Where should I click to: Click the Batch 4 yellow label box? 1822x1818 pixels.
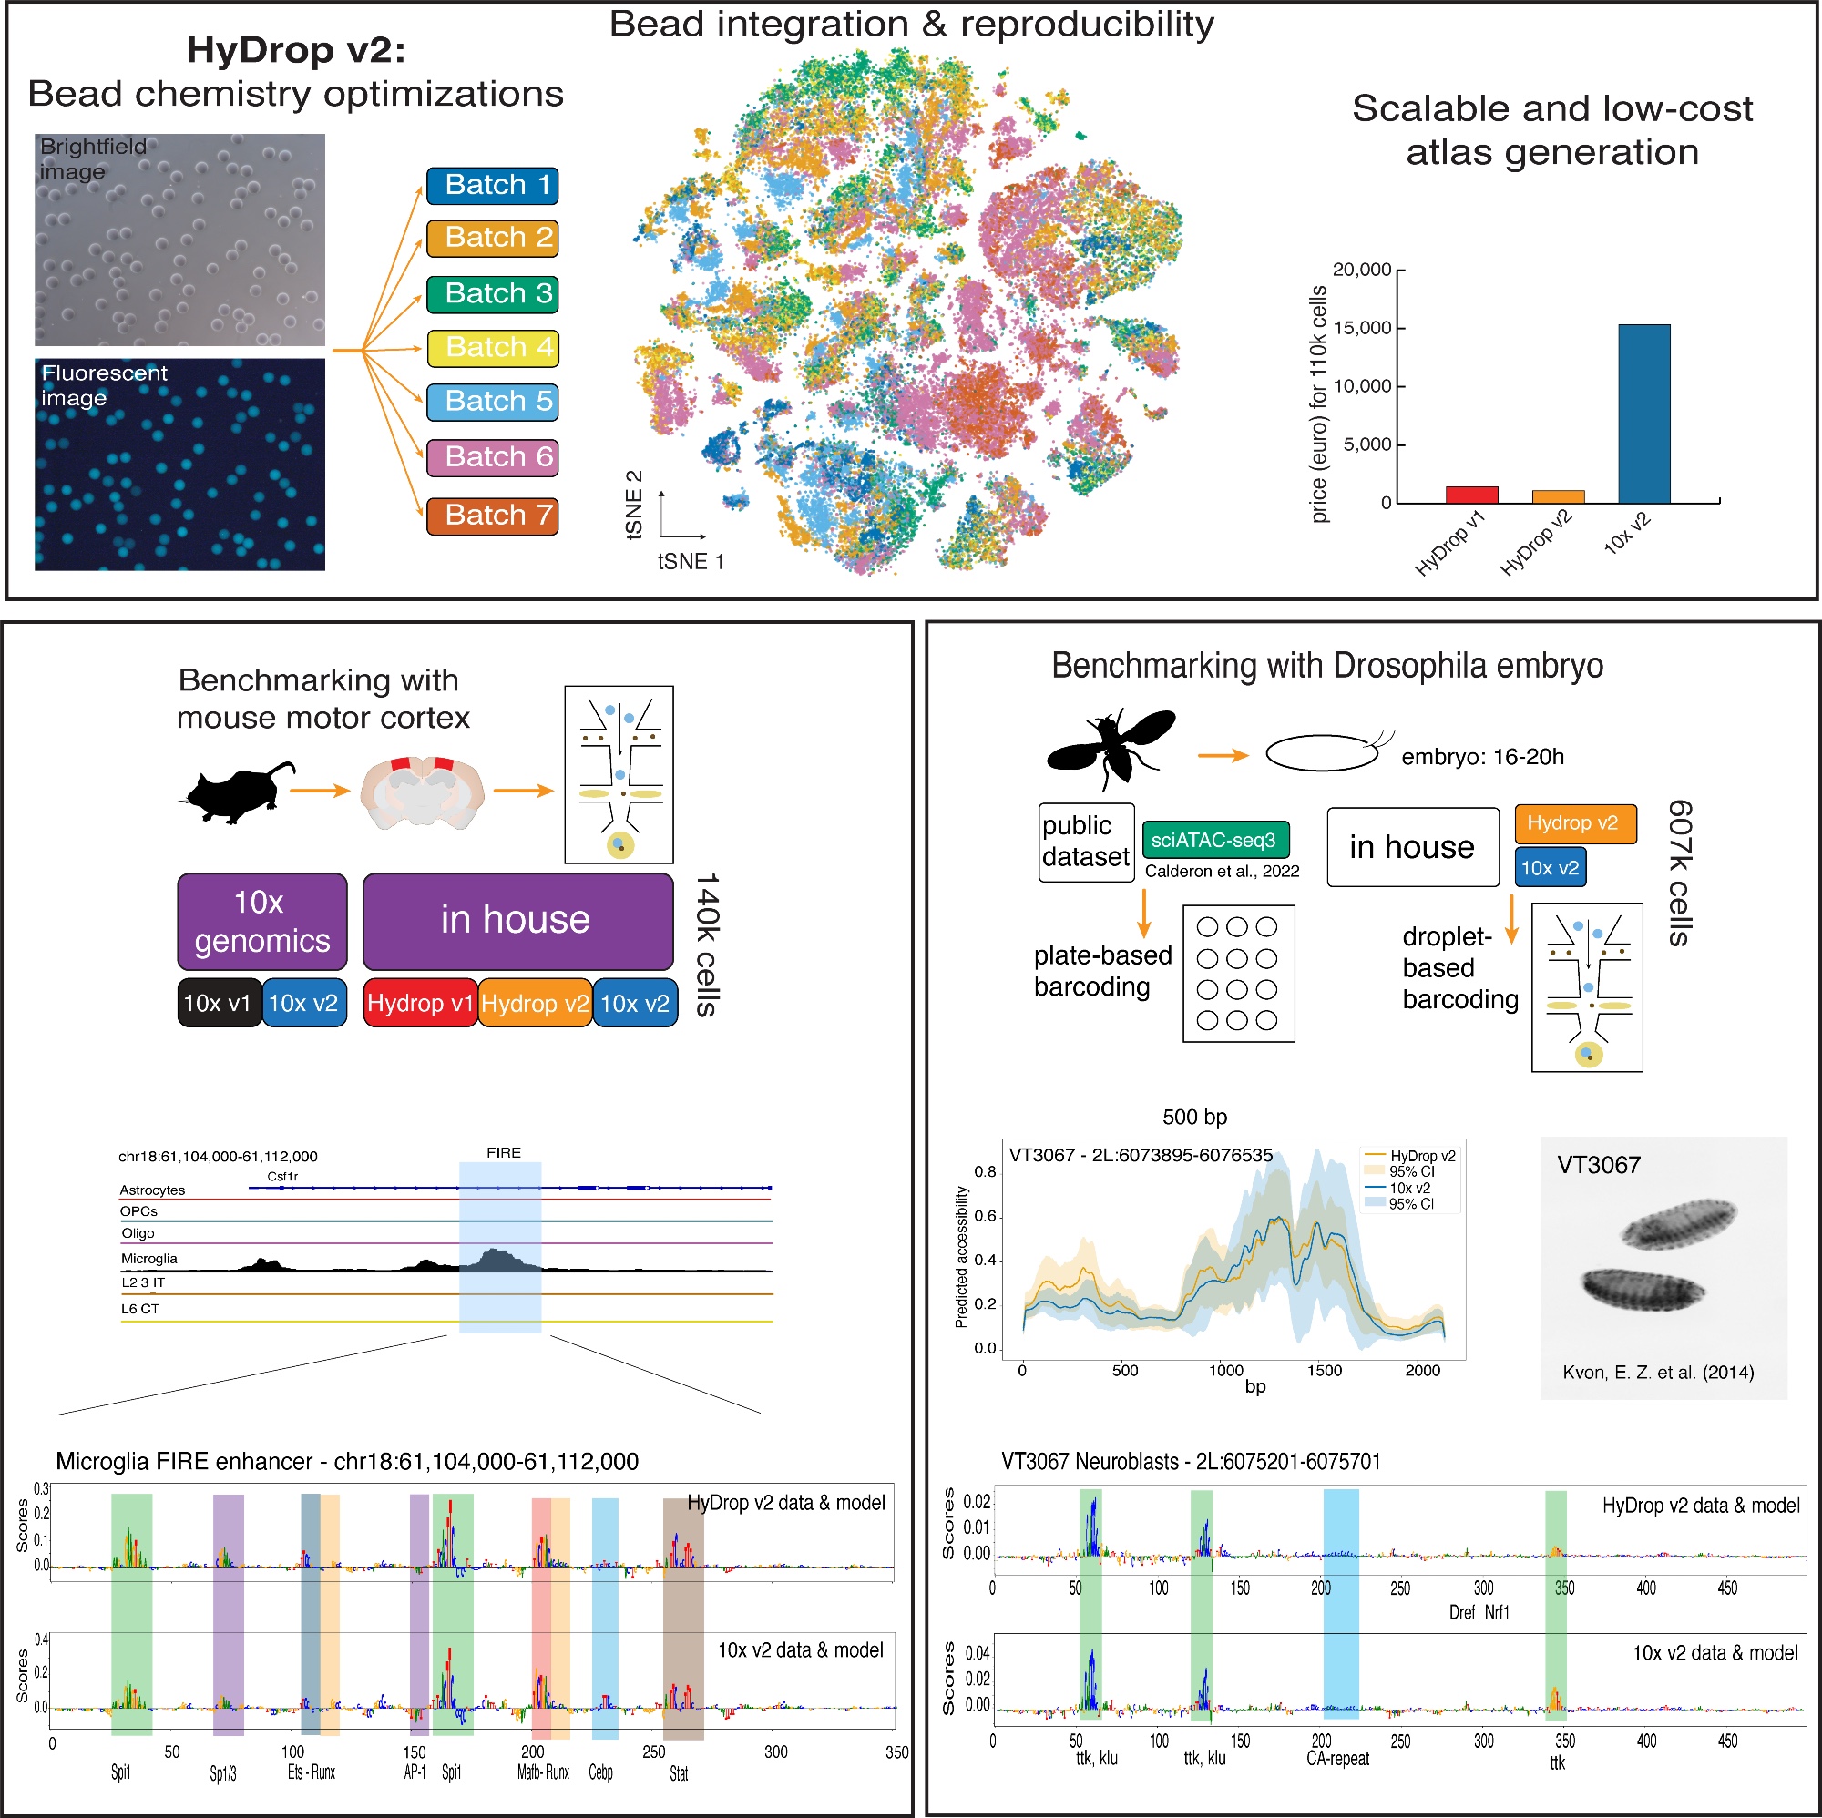pos(492,348)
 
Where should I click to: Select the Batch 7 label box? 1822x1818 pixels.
pos(492,516)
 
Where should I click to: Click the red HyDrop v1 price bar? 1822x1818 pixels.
pos(1471,494)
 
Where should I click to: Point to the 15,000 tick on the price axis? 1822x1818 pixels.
pos(1362,328)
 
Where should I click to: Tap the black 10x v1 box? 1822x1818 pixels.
pos(219,1002)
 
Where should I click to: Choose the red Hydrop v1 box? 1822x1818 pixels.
pos(420,1002)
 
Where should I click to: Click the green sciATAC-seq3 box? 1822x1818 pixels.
pos(1214,839)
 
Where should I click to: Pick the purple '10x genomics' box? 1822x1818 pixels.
pos(262,921)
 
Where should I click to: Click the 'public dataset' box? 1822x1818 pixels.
pos(1086,841)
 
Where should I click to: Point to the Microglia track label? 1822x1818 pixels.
pos(149,1258)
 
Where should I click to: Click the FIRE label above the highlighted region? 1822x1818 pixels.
pos(504,1152)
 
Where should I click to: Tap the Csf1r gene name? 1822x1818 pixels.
pos(282,1176)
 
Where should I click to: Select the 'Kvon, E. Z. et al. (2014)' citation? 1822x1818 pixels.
pos(1658,1372)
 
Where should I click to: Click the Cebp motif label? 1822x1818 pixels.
pos(600,1772)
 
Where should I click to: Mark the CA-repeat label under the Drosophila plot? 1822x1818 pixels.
pos(1337,1758)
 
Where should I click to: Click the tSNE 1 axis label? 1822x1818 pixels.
pos(691,562)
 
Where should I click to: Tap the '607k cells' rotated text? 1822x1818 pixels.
pos(1680,873)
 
